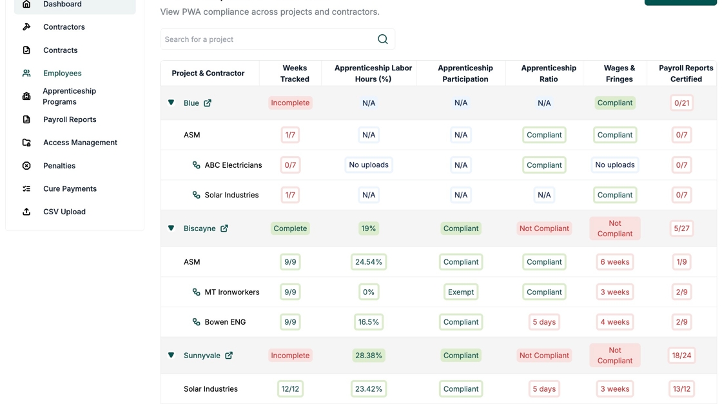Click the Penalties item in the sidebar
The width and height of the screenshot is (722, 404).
(x=59, y=166)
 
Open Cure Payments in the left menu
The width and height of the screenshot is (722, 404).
(x=70, y=188)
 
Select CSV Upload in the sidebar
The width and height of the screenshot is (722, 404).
(x=64, y=212)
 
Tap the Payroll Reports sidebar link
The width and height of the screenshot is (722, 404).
(x=70, y=119)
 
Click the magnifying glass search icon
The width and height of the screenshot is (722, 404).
(x=383, y=39)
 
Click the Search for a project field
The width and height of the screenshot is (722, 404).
(x=268, y=39)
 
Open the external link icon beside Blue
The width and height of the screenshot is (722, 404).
(x=208, y=103)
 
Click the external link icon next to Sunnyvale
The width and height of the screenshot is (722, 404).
(x=229, y=356)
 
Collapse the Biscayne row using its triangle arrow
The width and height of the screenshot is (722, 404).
(x=171, y=228)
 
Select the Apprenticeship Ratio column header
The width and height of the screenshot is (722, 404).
(x=544, y=73)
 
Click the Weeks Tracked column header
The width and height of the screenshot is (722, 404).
(x=295, y=73)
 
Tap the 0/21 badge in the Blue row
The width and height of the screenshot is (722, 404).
(x=681, y=103)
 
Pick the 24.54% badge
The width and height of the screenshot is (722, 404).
(x=369, y=262)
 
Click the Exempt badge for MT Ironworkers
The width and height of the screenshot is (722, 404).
(x=461, y=292)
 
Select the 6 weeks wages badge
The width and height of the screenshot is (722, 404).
(x=614, y=262)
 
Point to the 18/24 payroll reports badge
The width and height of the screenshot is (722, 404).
(x=681, y=356)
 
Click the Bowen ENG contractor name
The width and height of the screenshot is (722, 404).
(x=225, y=322)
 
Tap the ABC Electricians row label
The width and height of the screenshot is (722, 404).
(x=233, y=165)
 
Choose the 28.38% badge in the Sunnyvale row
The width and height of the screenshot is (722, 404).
(x=369, y=356)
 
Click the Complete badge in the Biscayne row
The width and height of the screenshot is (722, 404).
(x=290, y=228)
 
